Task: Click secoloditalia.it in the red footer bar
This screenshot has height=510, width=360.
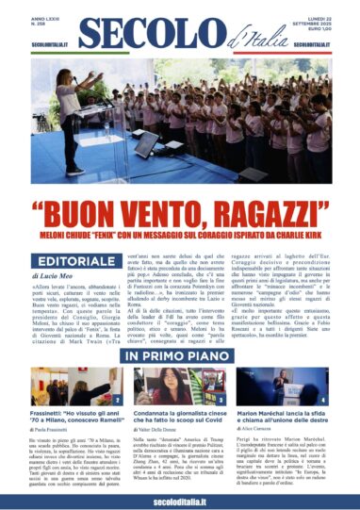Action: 179,498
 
